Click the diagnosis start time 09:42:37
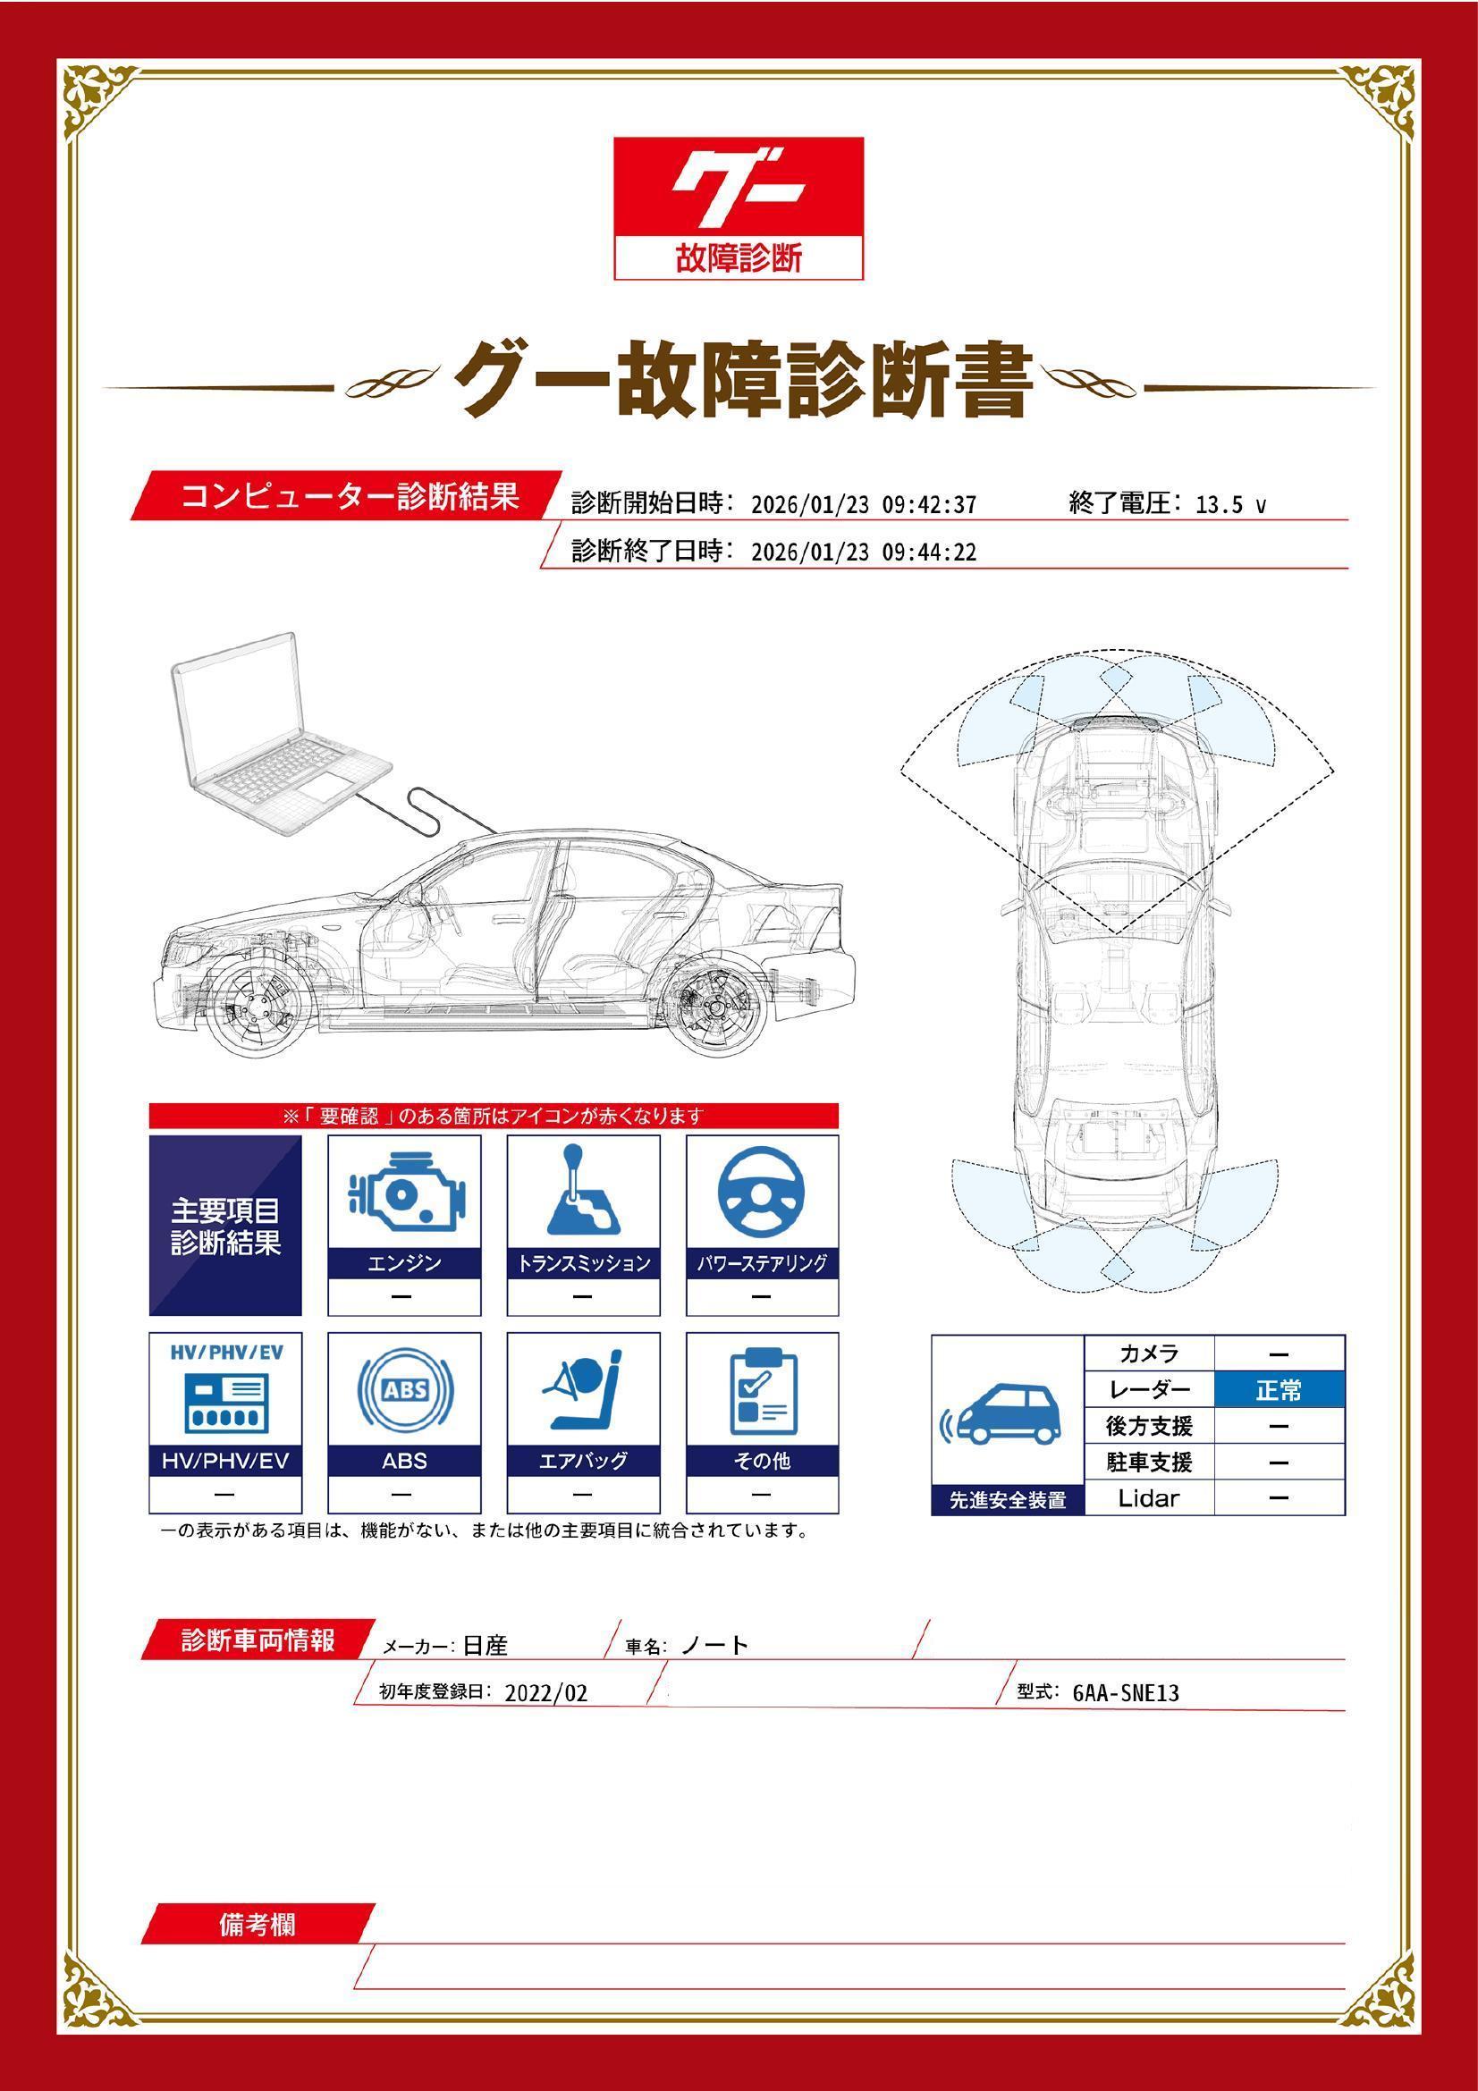929,504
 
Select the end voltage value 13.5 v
1229,504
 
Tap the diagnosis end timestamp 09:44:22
929,552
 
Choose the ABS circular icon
404,1392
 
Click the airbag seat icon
583,1392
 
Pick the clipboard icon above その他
761,1392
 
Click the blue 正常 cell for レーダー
1279,1391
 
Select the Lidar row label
1148,1498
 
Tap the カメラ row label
1148,1354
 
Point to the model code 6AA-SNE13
1126,1693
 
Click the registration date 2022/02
546,1693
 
